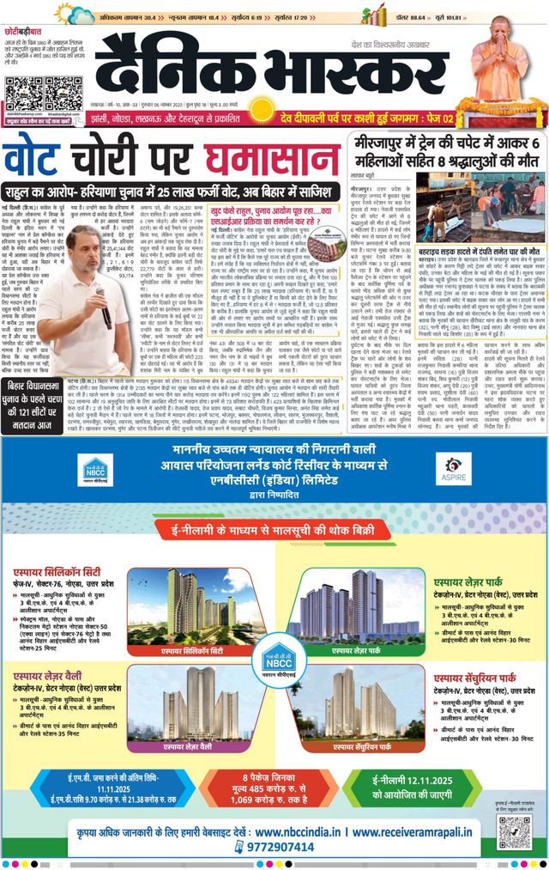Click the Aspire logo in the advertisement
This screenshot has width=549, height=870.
pyautogui.click(x=455, y=469)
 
